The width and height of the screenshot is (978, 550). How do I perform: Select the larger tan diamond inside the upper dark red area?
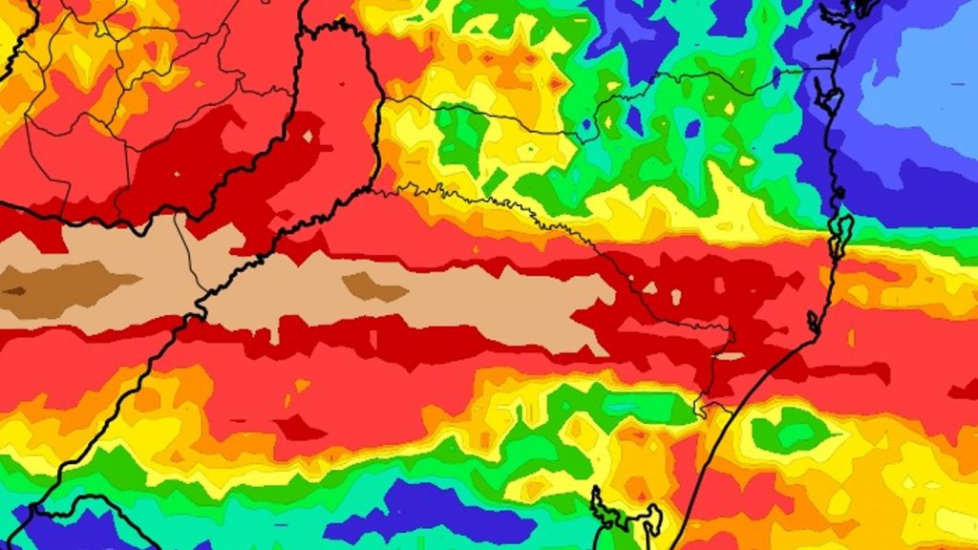308,137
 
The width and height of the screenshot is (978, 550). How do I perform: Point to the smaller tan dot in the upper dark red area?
177,174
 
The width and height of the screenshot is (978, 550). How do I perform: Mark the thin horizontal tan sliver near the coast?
730,356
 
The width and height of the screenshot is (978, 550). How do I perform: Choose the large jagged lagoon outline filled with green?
626,516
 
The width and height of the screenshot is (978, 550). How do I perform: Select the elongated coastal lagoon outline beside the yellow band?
840,235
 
